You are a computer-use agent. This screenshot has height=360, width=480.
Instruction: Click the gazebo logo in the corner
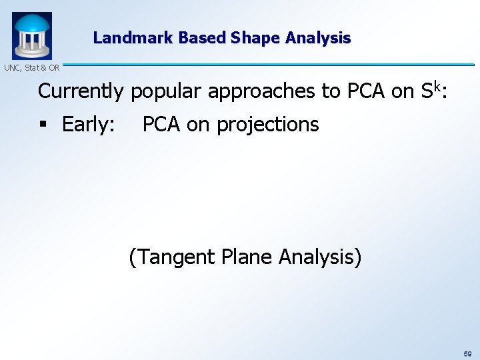(31, 35)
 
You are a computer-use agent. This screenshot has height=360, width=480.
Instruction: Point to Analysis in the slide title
(317, 38)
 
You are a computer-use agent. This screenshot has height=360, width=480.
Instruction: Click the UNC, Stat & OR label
(31, 67)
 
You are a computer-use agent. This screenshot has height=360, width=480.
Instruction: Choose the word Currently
(81, 91)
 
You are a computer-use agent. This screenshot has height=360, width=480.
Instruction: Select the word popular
(166, 91)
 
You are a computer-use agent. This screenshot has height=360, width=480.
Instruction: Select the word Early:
(88, 125)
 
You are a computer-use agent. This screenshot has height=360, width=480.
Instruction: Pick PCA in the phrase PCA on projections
(161, 124)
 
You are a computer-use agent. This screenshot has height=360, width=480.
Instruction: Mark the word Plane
(251, 257)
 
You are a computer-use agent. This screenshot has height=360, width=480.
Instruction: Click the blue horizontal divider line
(267, 65)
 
